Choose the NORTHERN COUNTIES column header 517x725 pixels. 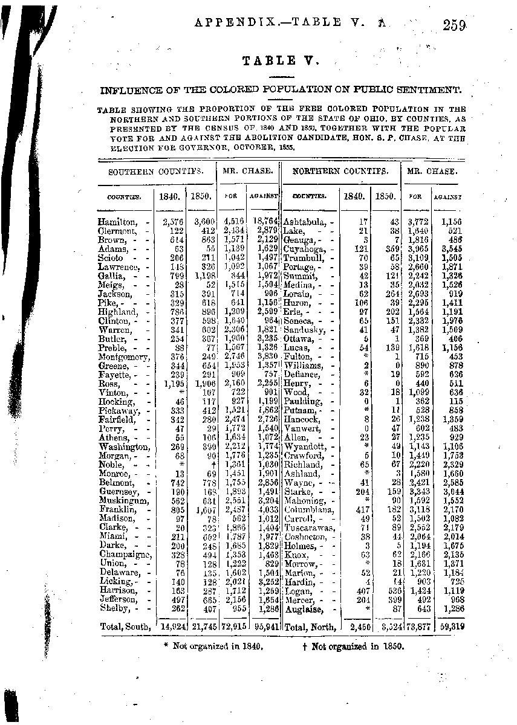[x=340, y=171]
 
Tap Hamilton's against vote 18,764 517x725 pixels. [x=264, y=222]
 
